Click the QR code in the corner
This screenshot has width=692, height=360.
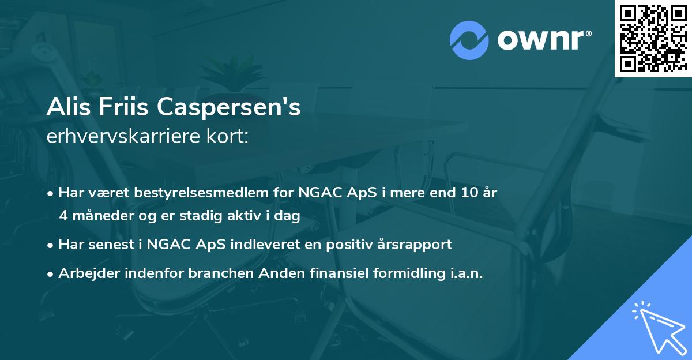coord(653,38)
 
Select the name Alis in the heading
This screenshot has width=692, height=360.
coord(67,107)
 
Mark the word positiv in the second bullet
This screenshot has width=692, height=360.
coord(348,245)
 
